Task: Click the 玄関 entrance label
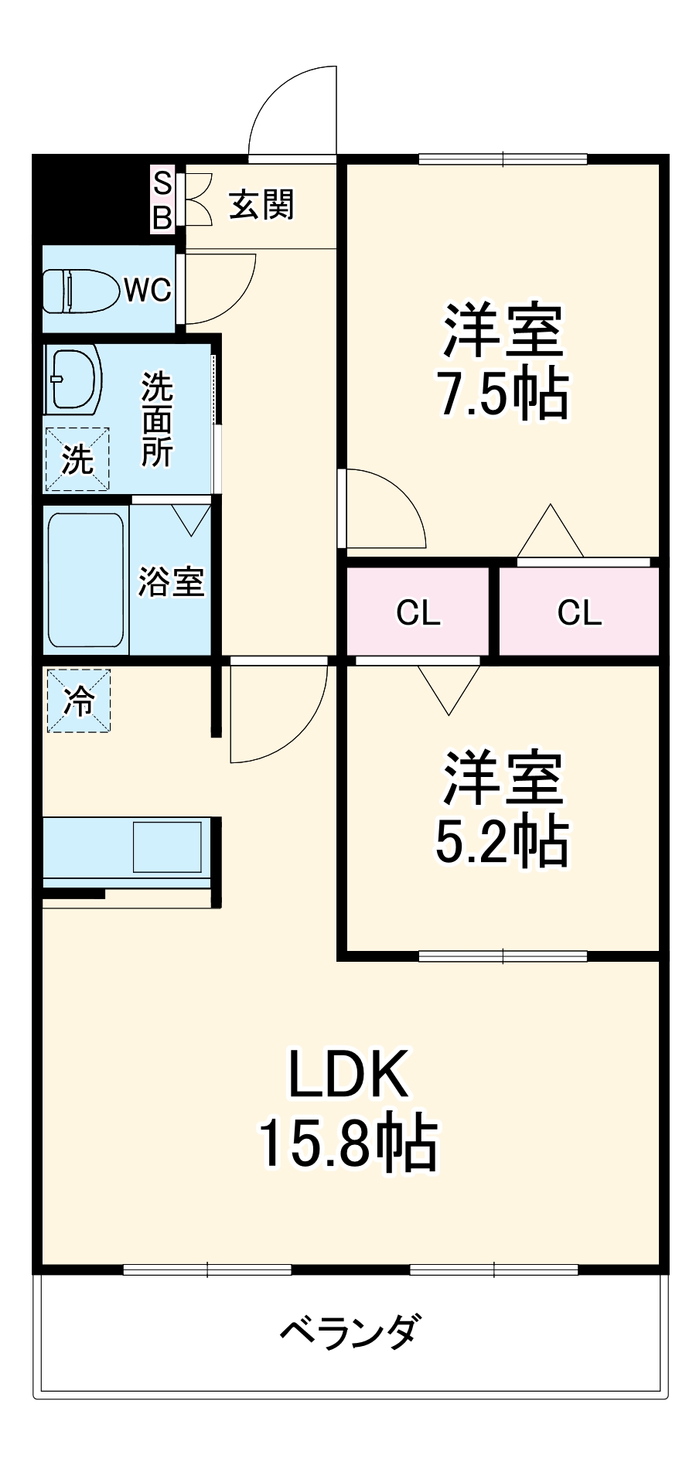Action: [261, 205]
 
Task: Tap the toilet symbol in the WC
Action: [76, 291]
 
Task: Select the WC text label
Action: [148, 290]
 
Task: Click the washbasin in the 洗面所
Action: [73, 380]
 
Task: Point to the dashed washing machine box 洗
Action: [77, 459]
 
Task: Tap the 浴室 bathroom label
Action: [171, 581]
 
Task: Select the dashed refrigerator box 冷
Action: [79, 700]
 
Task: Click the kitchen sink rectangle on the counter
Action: [167, 847]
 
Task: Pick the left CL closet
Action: [418, 613]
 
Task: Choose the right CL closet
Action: [579, 613]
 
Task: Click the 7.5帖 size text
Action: [503, 395]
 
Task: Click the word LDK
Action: [348, 1075]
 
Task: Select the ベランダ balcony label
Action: [350, 1331]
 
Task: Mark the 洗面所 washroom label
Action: [156, 420]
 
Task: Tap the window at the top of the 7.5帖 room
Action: [503, 159]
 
